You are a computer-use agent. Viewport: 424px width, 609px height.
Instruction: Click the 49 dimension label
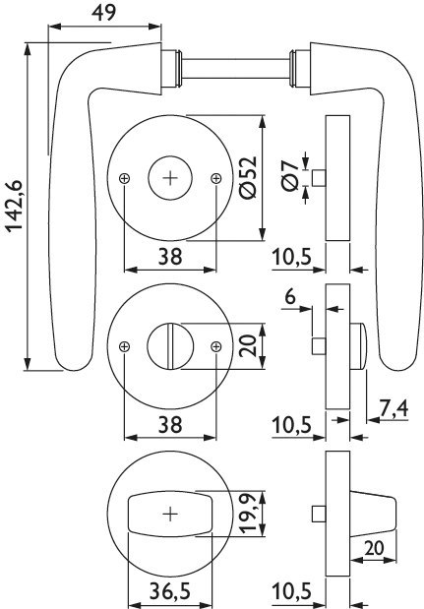tap(103, 13)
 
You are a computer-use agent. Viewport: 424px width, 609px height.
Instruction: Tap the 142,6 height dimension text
tap(15, 207)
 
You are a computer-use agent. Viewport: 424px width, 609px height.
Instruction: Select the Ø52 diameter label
tap(248, 177)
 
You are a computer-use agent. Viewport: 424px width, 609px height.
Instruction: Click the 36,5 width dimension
tap(170, 591)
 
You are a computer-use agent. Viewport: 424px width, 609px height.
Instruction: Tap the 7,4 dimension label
tap(394, 408)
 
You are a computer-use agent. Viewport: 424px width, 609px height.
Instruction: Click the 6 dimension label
tap(290, 297)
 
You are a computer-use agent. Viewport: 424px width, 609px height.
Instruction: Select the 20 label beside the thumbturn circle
tap(248, 345)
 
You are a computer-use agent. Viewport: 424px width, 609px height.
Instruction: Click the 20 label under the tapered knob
tap(374, 548)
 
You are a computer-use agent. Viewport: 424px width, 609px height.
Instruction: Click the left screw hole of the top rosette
tap(124, 178)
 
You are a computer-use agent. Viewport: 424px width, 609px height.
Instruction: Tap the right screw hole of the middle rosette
tap(215, 346)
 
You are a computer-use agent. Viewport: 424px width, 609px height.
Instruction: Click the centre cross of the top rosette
tap(170, 178)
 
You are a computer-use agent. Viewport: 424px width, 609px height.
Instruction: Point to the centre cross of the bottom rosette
tap(170, 515)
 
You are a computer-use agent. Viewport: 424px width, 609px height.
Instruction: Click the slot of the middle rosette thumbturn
tap(170, 346)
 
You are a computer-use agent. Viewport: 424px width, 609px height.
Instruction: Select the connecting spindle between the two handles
tap(236, 69)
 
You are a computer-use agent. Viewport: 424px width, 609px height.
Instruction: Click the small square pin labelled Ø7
tap(319, 178)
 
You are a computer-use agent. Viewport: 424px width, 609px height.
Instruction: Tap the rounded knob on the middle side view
tap(358, 346)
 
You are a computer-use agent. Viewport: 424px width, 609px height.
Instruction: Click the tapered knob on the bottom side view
tap(373, 515)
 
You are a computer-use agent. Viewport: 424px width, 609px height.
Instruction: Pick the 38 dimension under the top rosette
tap(170, 257)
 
